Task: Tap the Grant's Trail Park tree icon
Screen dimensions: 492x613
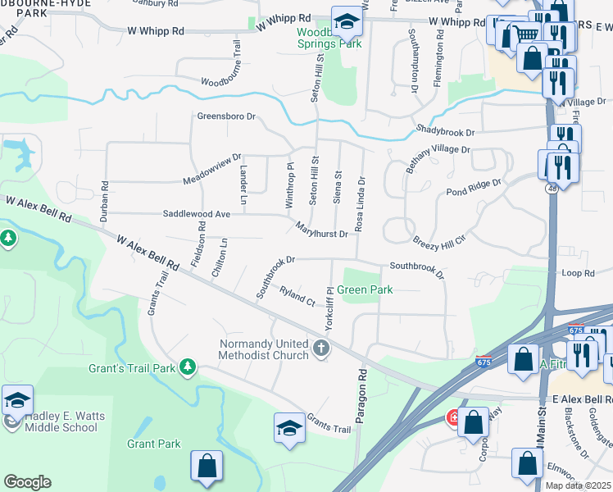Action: point(188,366)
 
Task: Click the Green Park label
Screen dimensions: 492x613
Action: point(366,289)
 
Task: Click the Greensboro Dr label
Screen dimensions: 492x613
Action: point(226,116)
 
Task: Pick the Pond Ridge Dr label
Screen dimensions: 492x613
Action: point(473,188)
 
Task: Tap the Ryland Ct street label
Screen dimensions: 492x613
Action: point(297,296)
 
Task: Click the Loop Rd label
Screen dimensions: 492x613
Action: point(578,272)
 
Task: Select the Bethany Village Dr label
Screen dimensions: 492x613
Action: point(438,157)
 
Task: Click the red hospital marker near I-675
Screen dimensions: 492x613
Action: point(453,418)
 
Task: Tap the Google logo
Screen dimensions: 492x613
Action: point(27,482)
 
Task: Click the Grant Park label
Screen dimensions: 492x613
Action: point(153,444)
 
